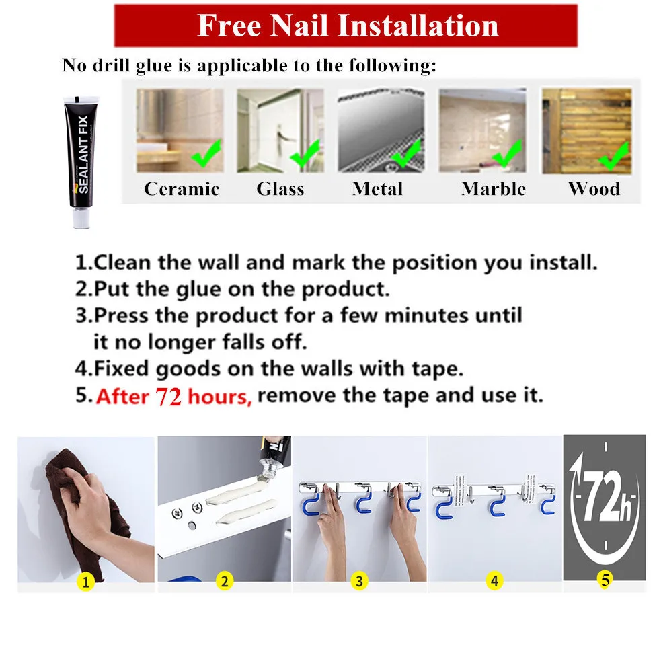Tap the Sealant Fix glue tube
click(x=81, y=162)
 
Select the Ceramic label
click(x=182, y=189)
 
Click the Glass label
click(x=280, y=189)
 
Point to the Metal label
click(x=377, y=189)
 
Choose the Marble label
click(x=494, y=189)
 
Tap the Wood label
click(x=594, y=189)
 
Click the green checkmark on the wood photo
click(x=615, y=156)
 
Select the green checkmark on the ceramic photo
click(x=206, y=153)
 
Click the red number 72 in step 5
click(x=168, y=396)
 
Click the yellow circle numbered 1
click(x=86, y=582)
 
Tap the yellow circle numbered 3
click(x=359, y=581)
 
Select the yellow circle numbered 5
click(x=605, y=580)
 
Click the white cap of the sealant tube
click(x=81, y=219)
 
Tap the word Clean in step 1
click(x=122, y=262)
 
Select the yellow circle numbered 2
click(x=225, y=581)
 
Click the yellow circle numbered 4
click(x=495, y=581)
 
